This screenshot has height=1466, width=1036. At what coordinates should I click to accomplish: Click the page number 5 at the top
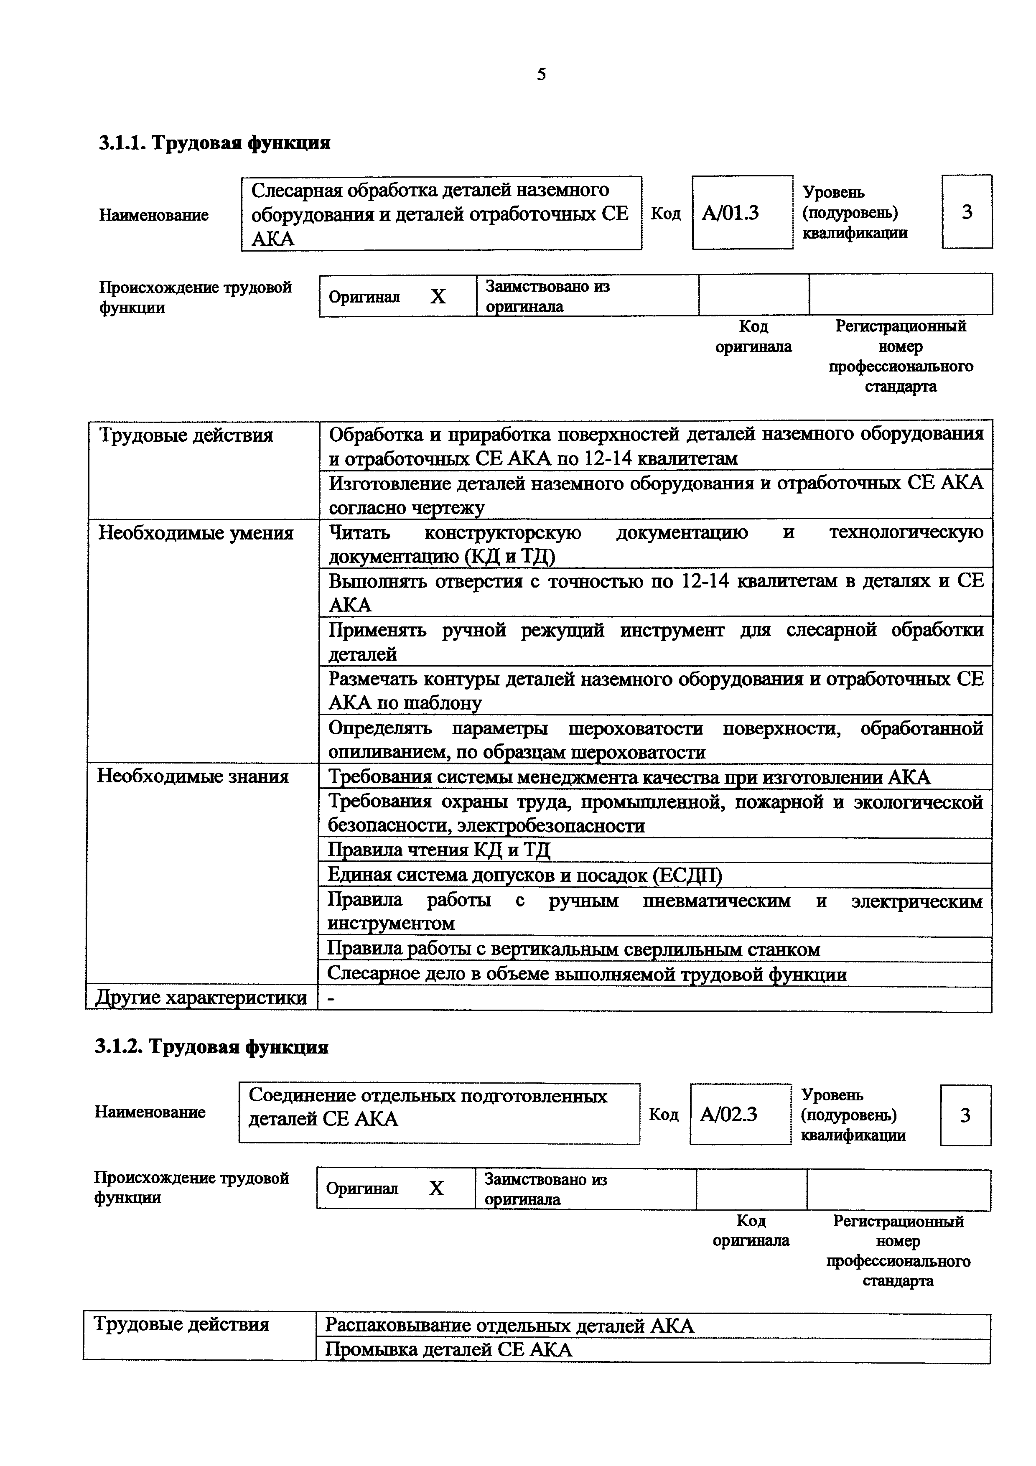pos(541,75)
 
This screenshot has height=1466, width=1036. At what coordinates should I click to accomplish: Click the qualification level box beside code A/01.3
pos(967,212)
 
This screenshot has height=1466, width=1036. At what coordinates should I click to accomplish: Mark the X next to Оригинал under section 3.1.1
pos(438,296)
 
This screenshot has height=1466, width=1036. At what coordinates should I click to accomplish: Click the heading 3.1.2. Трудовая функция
pos(211,1047)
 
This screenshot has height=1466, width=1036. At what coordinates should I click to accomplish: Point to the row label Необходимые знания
pos(193,776)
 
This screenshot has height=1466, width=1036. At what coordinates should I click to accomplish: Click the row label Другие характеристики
pos(201,998)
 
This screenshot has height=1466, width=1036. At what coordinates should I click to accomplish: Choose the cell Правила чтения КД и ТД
pos(439,850)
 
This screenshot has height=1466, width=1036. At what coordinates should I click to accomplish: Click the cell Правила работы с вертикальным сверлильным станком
pos(573,949)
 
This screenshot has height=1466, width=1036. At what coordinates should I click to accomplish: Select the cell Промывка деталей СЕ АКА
pos(449,1349)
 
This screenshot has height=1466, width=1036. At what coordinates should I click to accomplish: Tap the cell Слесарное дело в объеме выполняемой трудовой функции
pos(587,975)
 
